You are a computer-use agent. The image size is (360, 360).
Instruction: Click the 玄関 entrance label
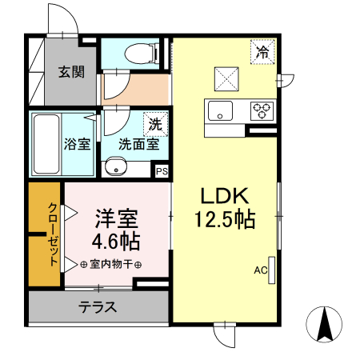(71, 72)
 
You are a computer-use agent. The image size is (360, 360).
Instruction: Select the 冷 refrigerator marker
(262, 52)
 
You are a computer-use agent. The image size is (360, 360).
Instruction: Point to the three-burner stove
(262, 110)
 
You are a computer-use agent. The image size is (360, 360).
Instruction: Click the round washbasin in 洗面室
(118, 168)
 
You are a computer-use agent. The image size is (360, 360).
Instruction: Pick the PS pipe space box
(162, 170)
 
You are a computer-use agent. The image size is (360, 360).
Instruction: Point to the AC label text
(260, 270)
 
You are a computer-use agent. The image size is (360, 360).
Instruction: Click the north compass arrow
(326, 326)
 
